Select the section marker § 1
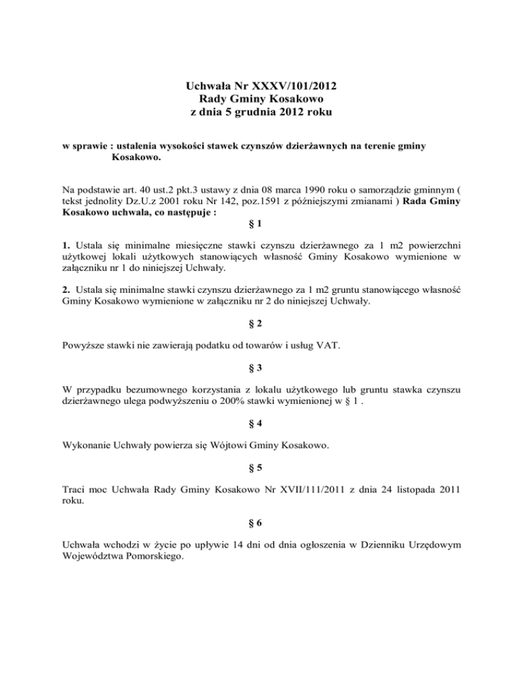coord(261,223)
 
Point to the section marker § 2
coord(261,323)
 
